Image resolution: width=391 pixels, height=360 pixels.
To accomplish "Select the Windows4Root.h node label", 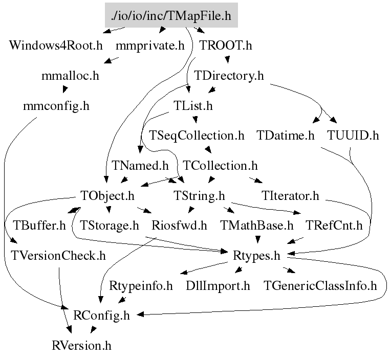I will pos(56,46).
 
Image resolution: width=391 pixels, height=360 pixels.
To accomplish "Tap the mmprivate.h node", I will pos(150,46).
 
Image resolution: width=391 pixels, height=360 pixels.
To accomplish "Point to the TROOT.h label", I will pos(226,46).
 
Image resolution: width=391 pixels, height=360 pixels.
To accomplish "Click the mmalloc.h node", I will pos(70,76).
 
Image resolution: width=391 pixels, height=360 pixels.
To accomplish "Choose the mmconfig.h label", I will pos(56,106).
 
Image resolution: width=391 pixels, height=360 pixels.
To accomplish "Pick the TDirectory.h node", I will pos(229,76).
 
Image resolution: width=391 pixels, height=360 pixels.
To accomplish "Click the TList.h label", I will pos(193,106).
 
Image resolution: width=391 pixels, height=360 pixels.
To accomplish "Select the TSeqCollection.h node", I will pos(197,136).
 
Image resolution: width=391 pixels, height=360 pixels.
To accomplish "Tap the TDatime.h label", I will pos(286,136).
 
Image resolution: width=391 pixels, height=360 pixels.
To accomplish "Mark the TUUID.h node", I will pos(353,136).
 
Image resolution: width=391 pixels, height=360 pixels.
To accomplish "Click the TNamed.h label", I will pos(140,166).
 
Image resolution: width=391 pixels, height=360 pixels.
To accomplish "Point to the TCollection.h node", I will pos(220,166).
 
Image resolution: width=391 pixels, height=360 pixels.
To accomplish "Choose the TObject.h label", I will pos(107,195).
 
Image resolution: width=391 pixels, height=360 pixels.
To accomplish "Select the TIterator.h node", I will pos(290,195).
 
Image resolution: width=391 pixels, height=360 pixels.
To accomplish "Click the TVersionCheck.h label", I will pos(58,255).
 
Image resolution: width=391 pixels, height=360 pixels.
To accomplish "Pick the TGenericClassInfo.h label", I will pos(320,285).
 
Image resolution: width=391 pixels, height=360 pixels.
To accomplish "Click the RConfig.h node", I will pos(102,316).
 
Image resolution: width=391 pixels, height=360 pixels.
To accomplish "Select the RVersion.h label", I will pos(81,345).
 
